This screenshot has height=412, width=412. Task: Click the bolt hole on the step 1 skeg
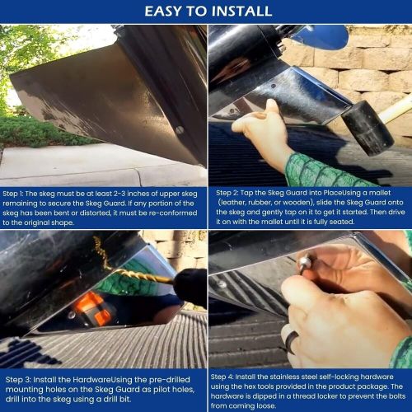[180, 129]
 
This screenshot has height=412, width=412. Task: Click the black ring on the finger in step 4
[293, 339]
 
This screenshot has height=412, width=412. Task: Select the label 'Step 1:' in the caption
[17, 194]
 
